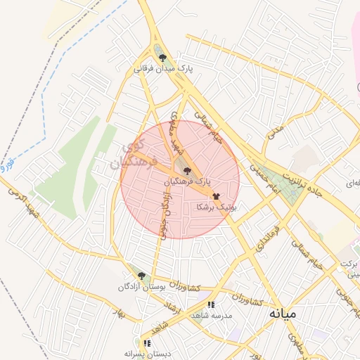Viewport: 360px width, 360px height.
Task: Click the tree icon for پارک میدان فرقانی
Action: [163, 58]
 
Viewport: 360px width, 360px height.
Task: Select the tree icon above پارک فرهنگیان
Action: [186, 171]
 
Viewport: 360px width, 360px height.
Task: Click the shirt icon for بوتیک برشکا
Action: [215, 197]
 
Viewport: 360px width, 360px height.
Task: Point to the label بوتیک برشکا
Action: [217, 207]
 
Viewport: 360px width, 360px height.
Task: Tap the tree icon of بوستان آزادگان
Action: [141, 276]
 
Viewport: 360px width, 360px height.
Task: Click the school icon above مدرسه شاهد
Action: [210, 305]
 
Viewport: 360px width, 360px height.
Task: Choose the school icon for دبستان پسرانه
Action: [147, 343]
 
